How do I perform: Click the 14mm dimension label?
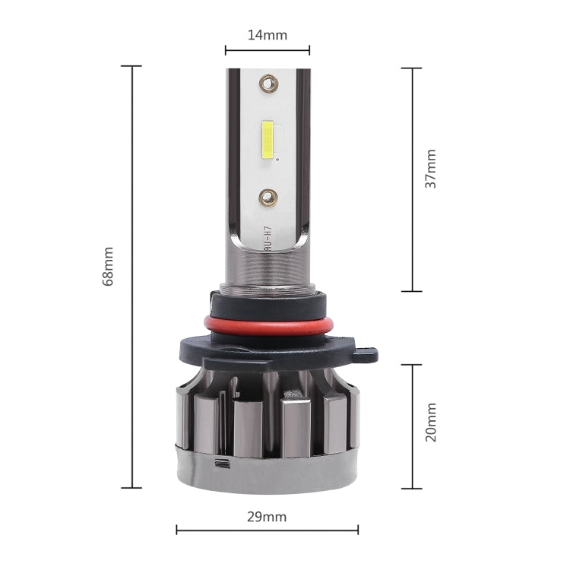click(267, 34)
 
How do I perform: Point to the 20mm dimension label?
click(431, 423)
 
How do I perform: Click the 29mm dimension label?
click(267, 517)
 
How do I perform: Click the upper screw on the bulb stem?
click(268, 80)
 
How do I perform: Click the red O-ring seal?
click(268, 325)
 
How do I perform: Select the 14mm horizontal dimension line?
click(267, 51)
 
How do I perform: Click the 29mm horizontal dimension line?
click(267, 530)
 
